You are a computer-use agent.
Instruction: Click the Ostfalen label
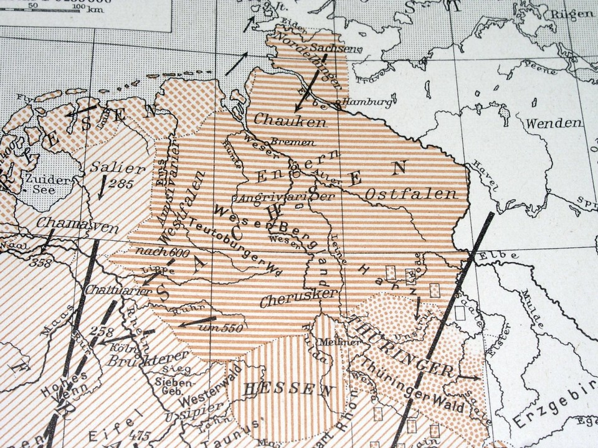point(396,195)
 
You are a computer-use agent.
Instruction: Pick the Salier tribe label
point(108,168)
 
